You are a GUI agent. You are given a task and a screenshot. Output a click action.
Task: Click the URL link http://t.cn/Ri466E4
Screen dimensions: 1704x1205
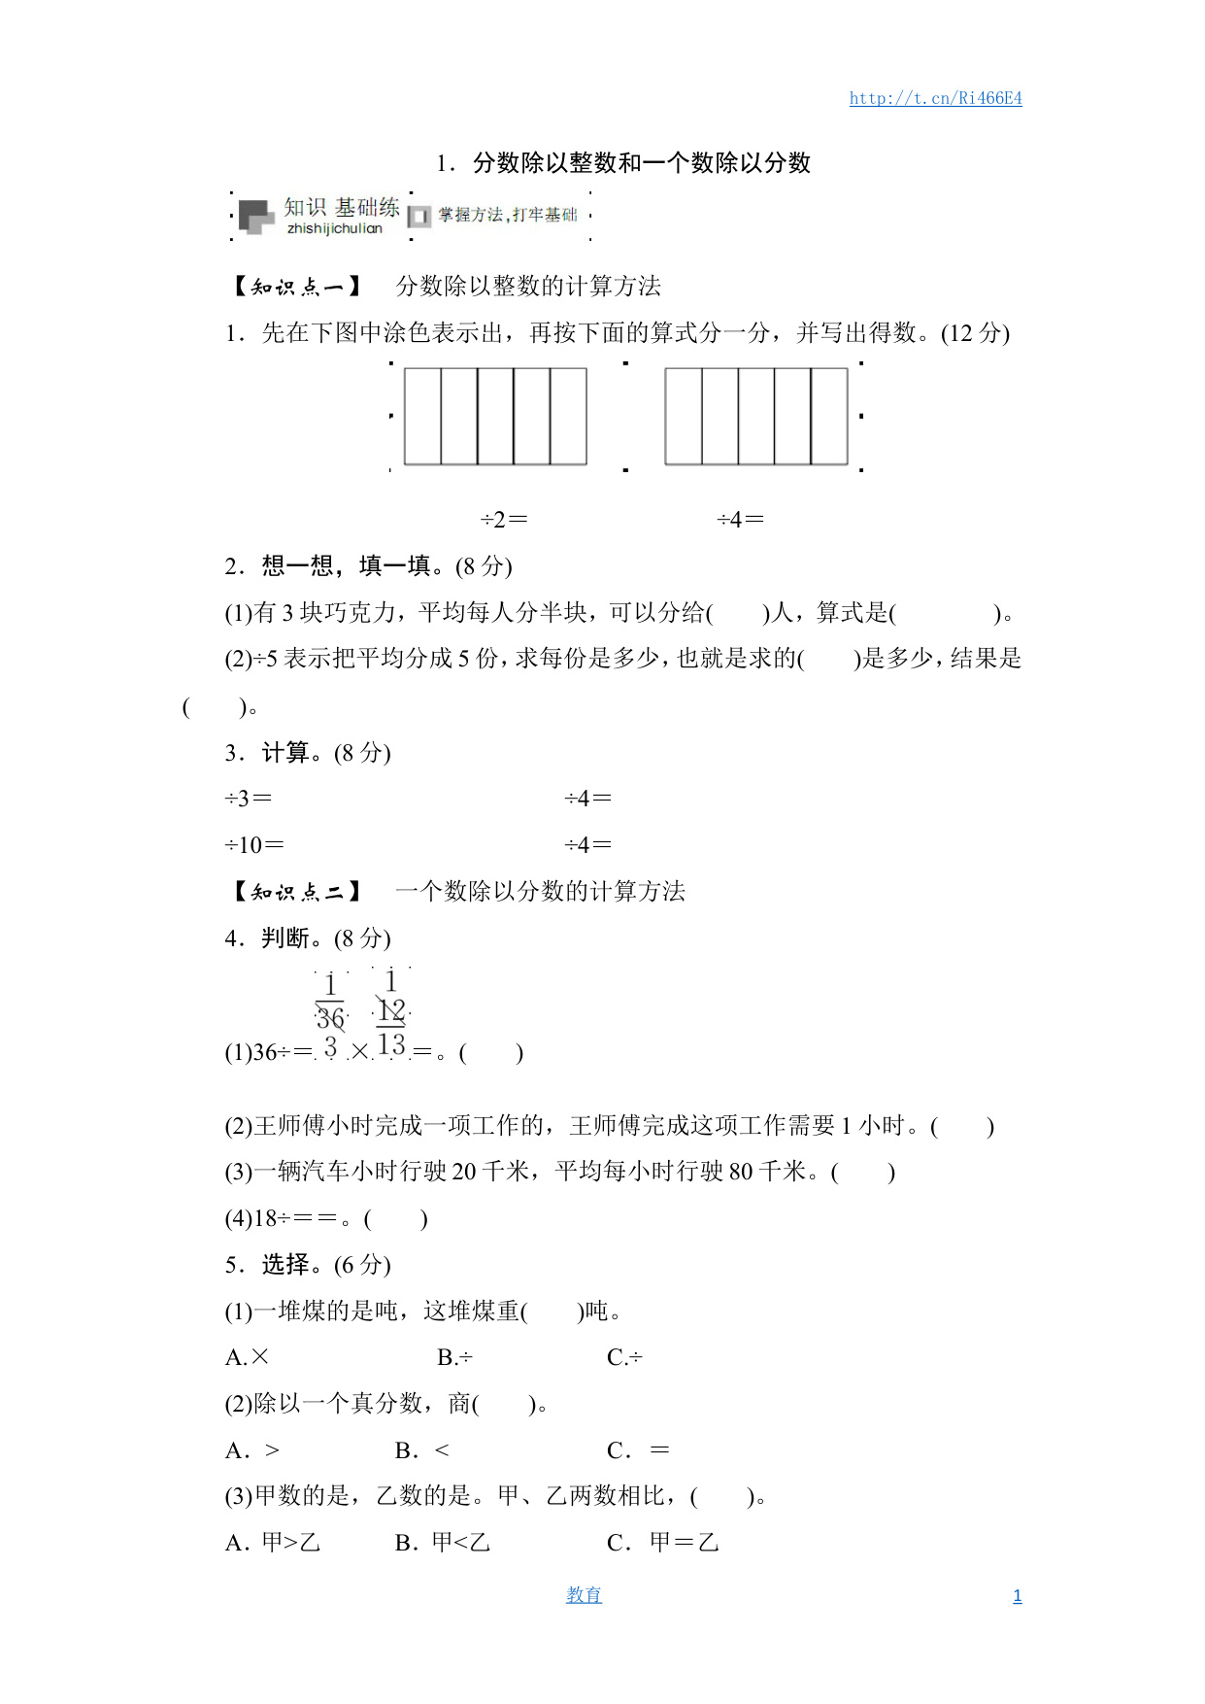(x=935, y=98)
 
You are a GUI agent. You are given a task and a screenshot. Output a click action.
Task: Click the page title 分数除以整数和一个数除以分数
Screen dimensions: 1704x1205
(x=641, y=163)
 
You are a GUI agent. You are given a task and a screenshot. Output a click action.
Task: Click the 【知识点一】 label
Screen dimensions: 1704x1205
(x=296, y=287)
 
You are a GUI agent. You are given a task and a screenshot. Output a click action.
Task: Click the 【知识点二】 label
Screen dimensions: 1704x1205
(x=296, y=892)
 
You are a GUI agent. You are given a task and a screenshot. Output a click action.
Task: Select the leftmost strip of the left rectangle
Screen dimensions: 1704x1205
(x=422, y=416)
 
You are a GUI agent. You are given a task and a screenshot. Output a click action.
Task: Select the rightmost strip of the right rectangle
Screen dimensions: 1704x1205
(x=829, y=416)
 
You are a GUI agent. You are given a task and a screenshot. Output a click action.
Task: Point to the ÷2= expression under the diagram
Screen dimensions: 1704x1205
(x=504, y=520)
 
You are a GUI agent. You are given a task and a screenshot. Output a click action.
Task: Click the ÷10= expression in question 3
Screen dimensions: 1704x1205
(x=254, y=845)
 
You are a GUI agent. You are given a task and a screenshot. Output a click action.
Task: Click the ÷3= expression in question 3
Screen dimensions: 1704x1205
(x=249, y=799)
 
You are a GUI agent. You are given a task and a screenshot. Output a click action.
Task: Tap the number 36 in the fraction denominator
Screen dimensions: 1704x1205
(x=330, y=1018)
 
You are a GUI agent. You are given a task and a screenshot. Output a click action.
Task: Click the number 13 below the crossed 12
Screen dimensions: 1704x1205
(x=391, y=1045)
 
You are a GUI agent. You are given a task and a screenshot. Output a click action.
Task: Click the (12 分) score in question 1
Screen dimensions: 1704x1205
(x=975, y=333)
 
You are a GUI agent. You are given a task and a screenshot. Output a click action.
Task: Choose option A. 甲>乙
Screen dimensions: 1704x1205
(x=273, y=1543)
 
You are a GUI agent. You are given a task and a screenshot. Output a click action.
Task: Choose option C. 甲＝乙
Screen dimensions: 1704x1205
(x=662, y=1543)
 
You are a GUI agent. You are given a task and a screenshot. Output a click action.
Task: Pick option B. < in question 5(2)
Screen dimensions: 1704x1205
(x=422, y=1450)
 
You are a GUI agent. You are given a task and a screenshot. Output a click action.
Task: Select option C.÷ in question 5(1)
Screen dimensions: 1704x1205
(x=624, y=1357)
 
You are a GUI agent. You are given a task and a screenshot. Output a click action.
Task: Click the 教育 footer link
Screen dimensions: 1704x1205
(x=584, y=1595)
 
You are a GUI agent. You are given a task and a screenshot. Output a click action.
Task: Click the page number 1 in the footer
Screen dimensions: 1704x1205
(x=1017, y=1596)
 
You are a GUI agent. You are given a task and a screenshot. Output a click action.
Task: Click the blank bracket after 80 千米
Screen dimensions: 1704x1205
(x=863, y=1173)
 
